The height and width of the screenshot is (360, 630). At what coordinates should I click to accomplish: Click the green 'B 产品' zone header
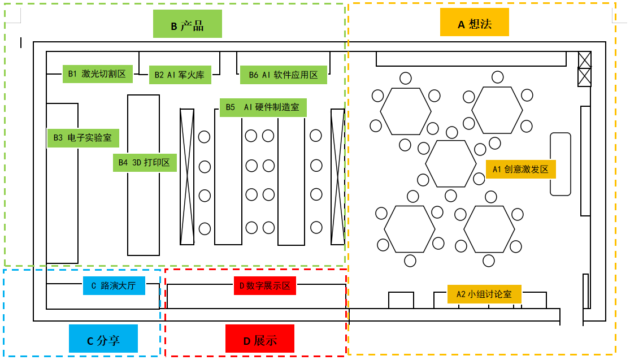click(187, 26)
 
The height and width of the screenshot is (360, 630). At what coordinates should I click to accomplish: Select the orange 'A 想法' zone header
click(475, 24)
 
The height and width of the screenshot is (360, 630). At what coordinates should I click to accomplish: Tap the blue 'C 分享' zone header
click(103, 340)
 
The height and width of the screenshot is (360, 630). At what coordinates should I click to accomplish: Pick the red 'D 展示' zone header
click(260, 340)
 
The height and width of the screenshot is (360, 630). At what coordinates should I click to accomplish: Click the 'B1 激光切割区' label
click(97, 73)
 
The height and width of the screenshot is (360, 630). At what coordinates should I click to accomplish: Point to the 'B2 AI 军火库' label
click(180, 75)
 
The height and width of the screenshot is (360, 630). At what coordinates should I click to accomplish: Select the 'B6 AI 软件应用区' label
click(283, 75)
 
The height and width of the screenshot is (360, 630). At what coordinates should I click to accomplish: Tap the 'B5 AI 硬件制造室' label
click(263, 107)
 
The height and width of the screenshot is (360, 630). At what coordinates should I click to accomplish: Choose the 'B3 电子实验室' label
click(83, 137)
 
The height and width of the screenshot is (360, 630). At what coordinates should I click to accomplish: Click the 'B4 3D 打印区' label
click(145, 162)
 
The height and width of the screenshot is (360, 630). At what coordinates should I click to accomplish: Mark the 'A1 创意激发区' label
click(520, 169)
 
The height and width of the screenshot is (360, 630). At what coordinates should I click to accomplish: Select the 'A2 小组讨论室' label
click(484, 294)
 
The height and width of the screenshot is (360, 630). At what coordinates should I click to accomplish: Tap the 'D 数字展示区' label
click(265, 285)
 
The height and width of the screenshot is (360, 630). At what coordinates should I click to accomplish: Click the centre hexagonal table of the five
click(451, 164)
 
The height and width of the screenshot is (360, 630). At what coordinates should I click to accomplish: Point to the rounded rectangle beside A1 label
click(561, 164)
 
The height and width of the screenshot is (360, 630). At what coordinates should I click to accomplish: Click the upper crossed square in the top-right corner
click(584, 59)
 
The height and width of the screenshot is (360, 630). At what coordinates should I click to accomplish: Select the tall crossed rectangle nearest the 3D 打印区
click(187, 177)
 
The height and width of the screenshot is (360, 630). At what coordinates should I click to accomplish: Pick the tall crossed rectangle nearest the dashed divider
click(337, 177)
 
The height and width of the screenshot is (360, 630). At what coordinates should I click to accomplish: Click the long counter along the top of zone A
click(471, 59)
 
